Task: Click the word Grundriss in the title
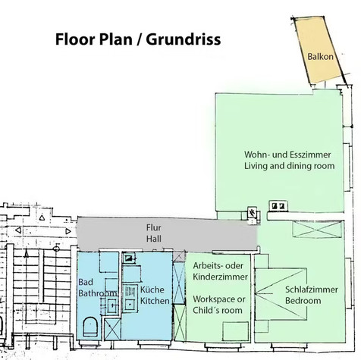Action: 184,39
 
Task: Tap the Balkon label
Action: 320,56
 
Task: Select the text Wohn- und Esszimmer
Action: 287,155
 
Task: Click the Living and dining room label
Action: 289,166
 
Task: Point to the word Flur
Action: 153,227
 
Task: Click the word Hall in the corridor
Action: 153,239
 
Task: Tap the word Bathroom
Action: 98,293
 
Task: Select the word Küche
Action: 152,290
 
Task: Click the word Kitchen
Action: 155,301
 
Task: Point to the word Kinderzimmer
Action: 220,277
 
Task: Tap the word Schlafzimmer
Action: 312,290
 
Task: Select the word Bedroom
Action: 303,301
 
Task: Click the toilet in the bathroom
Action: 90,327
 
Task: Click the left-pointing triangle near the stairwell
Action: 18,230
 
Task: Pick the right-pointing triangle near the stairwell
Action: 68,231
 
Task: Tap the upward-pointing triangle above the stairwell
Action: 42,218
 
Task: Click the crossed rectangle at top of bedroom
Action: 317,229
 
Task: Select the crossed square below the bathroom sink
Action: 112,329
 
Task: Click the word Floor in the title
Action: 74,39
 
